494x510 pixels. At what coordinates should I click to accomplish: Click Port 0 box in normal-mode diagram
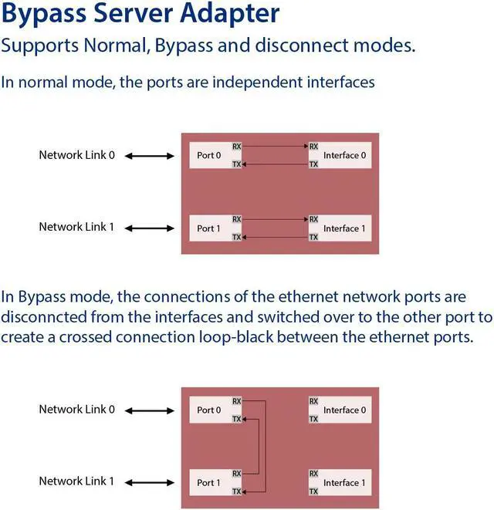pyautogui.click(x=209, y=155)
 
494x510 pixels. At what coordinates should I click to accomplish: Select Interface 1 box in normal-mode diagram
pyautogui.click(x=344, y=228)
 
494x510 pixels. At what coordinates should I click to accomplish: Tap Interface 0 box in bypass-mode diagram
pyautogui.click(x=344, y=410)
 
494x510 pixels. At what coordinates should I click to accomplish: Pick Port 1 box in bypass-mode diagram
pyautogui.click(x=209, y=482)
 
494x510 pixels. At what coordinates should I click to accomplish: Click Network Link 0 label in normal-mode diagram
pyautogui.click(x=76, y=155)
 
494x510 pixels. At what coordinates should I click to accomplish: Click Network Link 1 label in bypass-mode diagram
pyautogui.click(x=76, y=481)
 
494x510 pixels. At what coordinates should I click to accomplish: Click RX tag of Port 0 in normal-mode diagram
pyautogui.click(x=237, y=146)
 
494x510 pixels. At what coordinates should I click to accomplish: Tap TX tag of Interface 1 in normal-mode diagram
pyautogui.click(x=313, y=238)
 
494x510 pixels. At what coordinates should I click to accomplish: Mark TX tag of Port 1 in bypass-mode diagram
pyautogui.click(x=237, y=491)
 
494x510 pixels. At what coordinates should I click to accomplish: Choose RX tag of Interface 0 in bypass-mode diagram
pyautogui.click(x=313, y=401)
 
